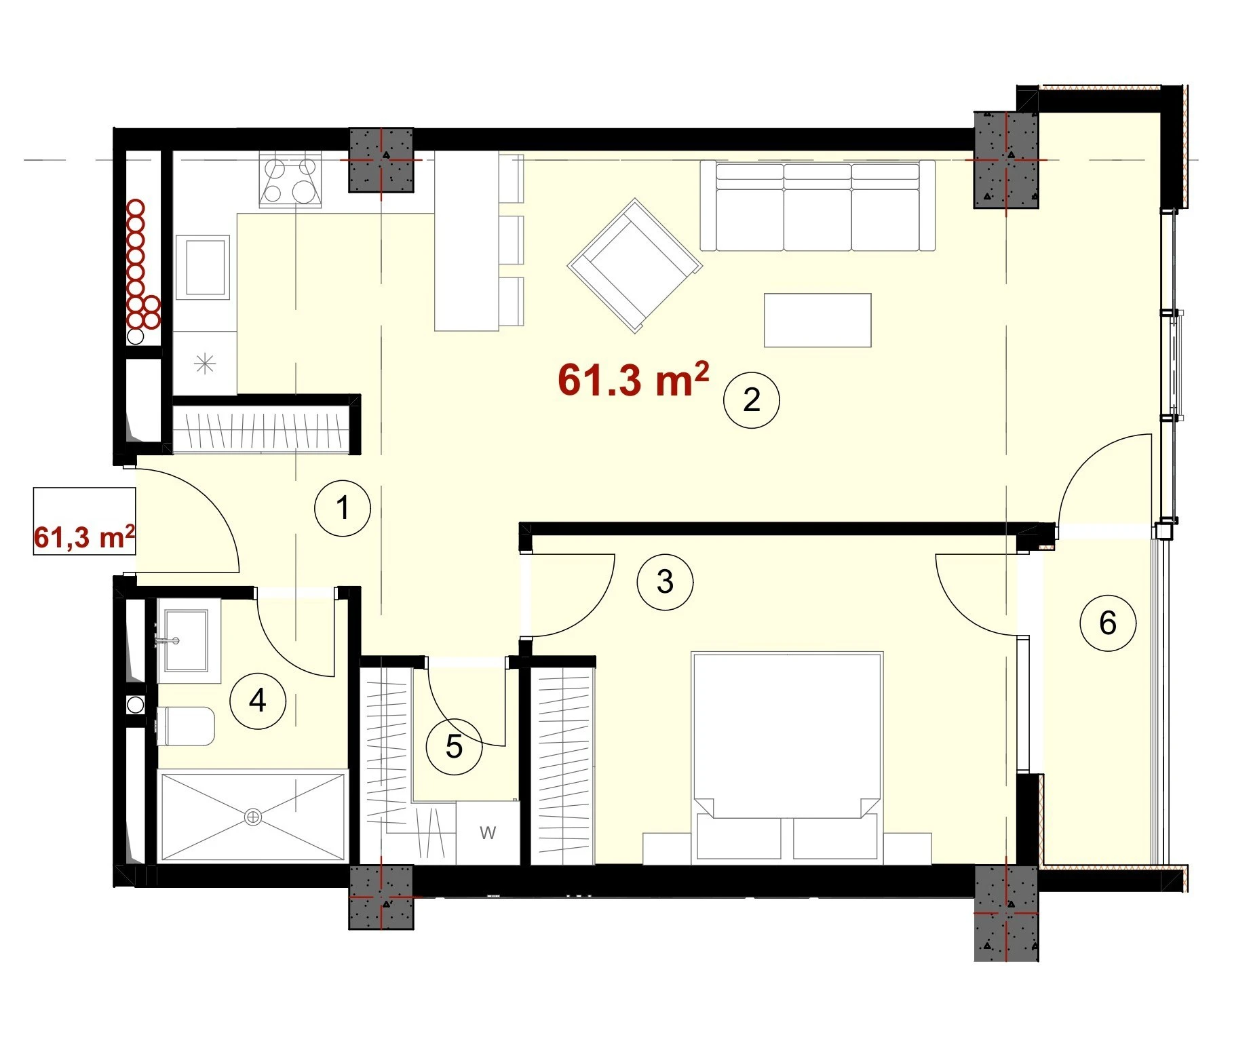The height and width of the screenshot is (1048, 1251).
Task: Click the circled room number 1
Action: [343, 508]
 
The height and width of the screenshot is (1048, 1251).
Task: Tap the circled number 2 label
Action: [752, 400]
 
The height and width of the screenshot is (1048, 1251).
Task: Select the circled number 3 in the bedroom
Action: [666, 581]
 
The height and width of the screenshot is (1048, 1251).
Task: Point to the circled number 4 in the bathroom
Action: [258, 700]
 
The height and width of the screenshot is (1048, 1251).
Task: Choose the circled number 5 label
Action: [454, 747]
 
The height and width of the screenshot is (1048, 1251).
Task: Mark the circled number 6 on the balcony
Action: [1108, 623]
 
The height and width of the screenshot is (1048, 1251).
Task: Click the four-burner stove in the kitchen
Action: [290, 181]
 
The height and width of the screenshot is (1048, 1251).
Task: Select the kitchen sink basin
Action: [203, 267]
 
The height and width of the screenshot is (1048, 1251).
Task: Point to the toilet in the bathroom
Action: [185, 726]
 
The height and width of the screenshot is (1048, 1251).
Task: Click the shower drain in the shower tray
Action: [253, 817]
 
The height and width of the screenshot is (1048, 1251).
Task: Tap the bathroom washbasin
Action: [185, 641]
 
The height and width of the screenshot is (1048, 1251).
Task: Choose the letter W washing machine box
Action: [488, 832]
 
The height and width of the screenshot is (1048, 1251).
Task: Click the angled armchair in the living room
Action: [634, 265]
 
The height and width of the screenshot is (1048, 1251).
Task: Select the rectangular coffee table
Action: [817, 320]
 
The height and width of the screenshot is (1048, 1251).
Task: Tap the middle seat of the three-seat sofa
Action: [817, 207]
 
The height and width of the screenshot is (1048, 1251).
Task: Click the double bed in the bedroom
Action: [787, 758]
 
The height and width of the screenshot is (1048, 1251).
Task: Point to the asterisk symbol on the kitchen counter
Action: [205, 364]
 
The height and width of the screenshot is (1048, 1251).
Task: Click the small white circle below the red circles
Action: [136, 336]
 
